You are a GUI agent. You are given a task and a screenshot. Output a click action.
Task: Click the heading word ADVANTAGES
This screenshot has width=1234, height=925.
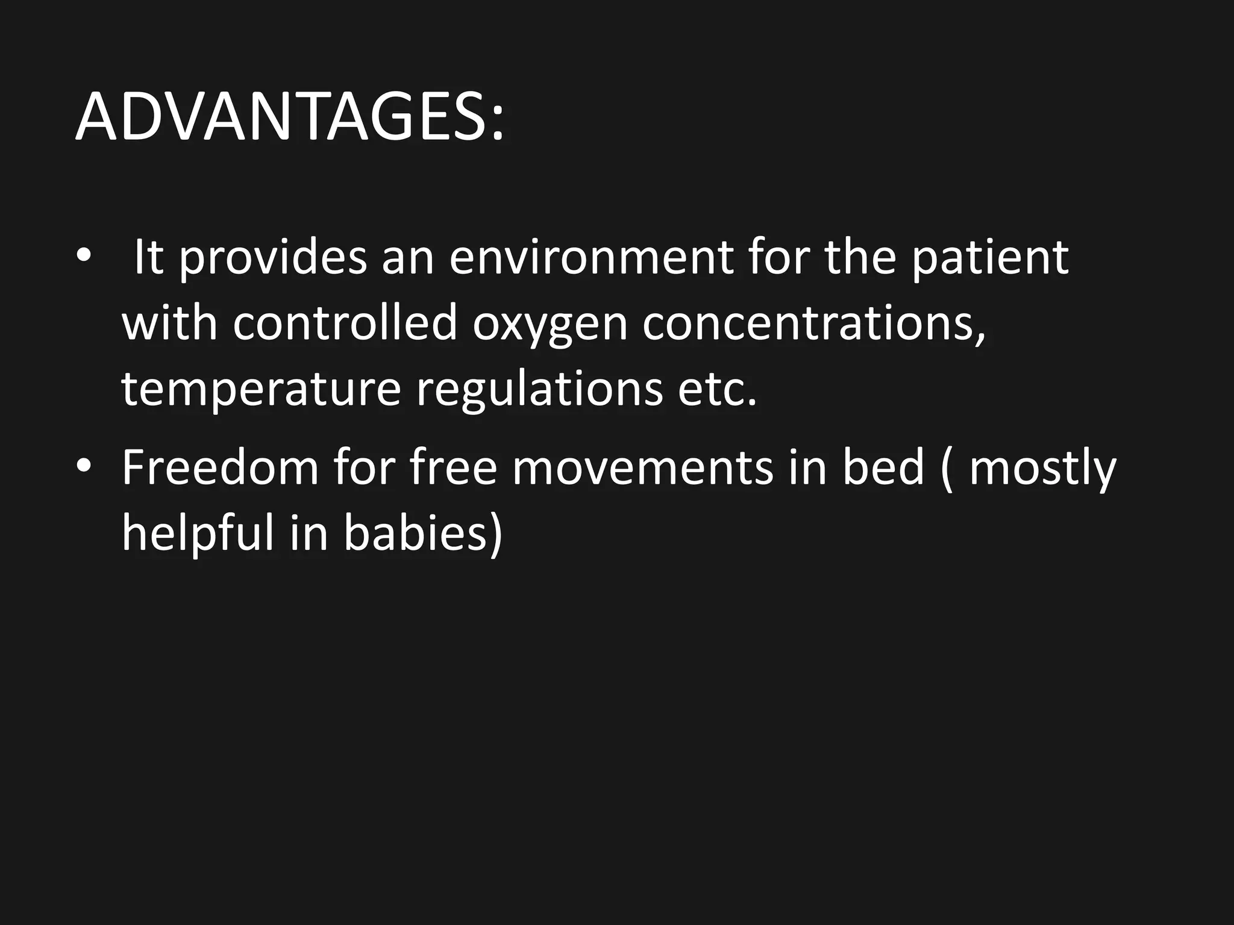click(x=289, y=117)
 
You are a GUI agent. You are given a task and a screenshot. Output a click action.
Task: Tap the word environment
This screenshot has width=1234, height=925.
click(x=590, y=258)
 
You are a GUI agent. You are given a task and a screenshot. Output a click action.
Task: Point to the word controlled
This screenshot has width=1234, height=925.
click(x=345, y=323)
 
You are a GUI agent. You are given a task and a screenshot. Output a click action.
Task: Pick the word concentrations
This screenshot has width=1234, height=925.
click(x=813, y=323)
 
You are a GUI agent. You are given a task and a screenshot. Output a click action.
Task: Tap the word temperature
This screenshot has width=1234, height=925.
click(x=261, y=390)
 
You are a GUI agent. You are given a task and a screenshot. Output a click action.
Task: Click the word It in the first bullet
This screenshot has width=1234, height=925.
click(x=148, y=258)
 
